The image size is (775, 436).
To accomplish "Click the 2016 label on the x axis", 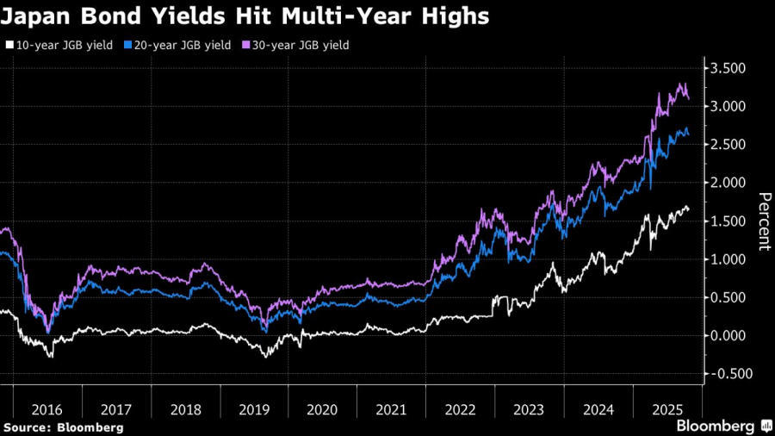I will coord(47,410).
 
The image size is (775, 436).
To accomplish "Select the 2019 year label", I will coord(254,410).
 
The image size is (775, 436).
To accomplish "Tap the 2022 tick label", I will coord(461,410).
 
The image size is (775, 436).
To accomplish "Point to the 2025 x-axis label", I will coord(666,410).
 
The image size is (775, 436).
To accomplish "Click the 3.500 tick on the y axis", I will coord(730,68).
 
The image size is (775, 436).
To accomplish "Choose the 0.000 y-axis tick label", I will coord(730,335).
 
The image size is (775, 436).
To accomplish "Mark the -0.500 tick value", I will coord(728,373).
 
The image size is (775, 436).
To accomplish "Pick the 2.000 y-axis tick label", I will coord(730,183).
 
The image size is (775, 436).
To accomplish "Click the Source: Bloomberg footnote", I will coord(63,427).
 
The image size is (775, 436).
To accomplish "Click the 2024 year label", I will coord(598,410).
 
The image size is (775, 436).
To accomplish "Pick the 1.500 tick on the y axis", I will coord(730,221).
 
